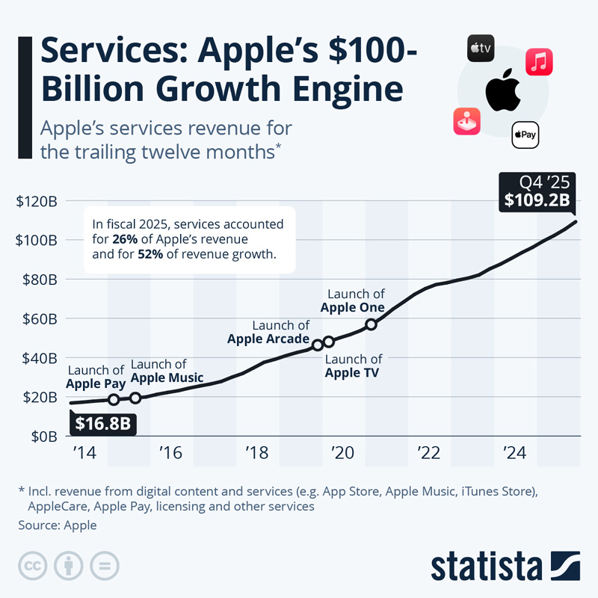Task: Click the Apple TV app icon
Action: (x=481, y=49)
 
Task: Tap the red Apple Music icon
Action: (x=539, y=62)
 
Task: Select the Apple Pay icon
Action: (x=525, y=135)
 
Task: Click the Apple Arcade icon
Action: (x=466, y=121)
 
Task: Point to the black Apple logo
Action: (x=502, y=92)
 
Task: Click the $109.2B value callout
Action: (x=537, y=200)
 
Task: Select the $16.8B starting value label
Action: (x=103, y=424)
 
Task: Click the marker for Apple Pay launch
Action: (x=114, y=400)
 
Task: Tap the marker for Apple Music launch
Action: (x=135, y=398)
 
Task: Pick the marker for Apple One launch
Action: (x=371, y=324)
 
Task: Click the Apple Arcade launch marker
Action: (x=318, y=345)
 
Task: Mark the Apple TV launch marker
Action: (x=329, y=342)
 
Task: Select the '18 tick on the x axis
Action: (x=257, y=453)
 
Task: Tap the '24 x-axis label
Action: (x=514, y=453)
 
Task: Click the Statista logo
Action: (x=505, y=566)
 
